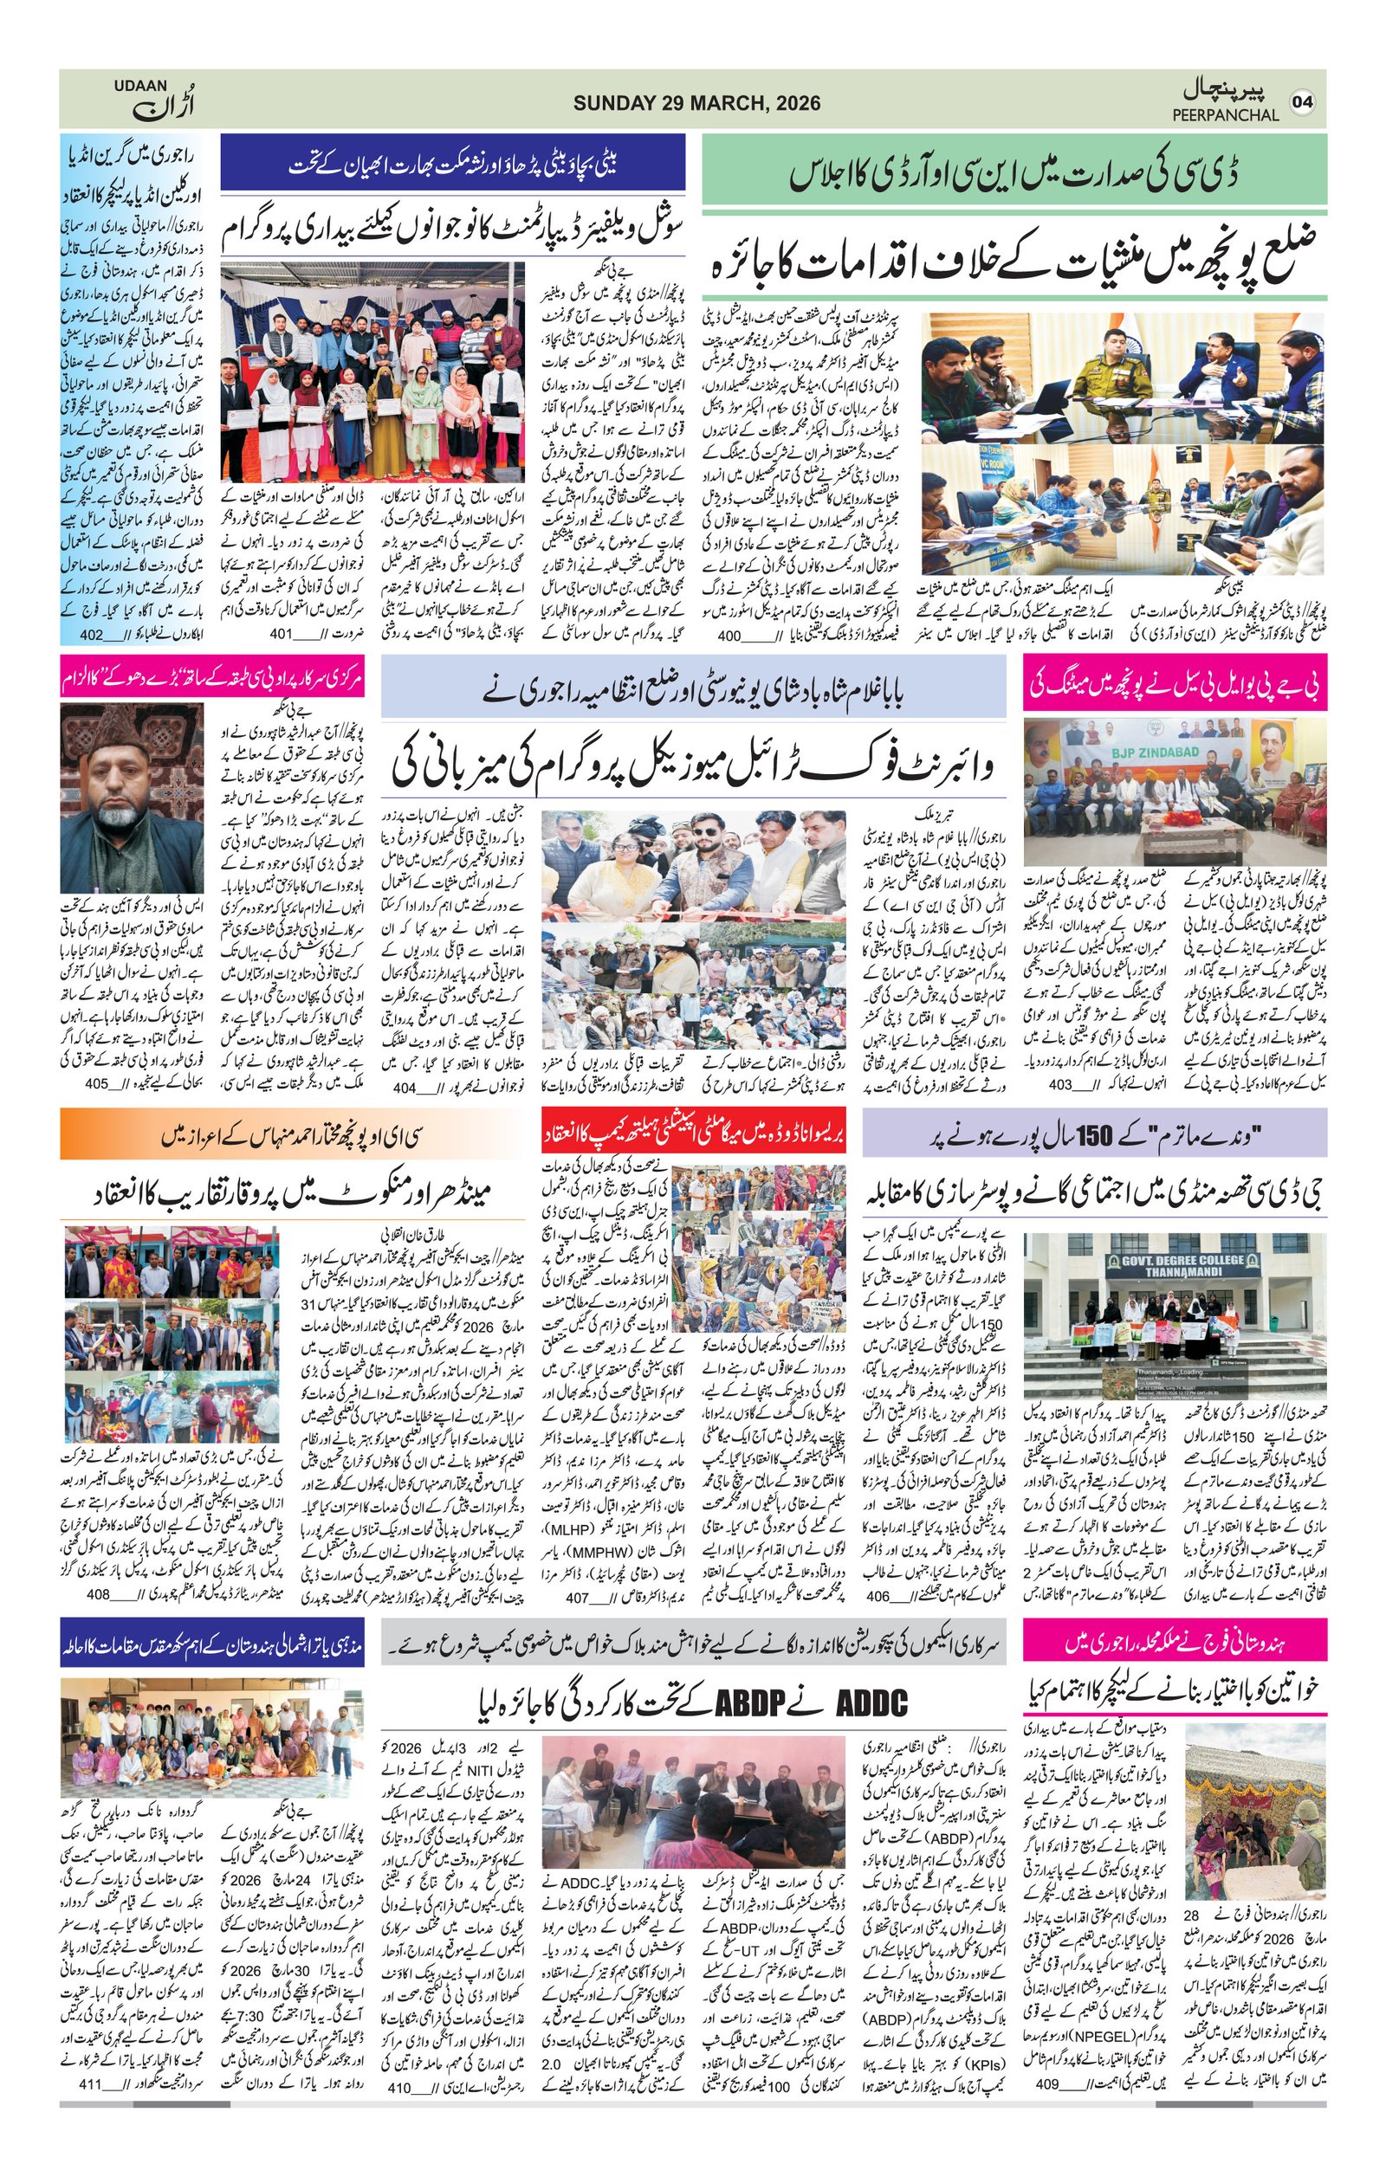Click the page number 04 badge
coord(1302,101)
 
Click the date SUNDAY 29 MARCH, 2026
coord(696,103)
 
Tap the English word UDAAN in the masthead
coord(140,86)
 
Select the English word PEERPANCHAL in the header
coord(1225,116)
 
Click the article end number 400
coord(729,636)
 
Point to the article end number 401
coord(281,634)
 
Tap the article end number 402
coord(90,635)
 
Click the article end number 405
coord(98,1083)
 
